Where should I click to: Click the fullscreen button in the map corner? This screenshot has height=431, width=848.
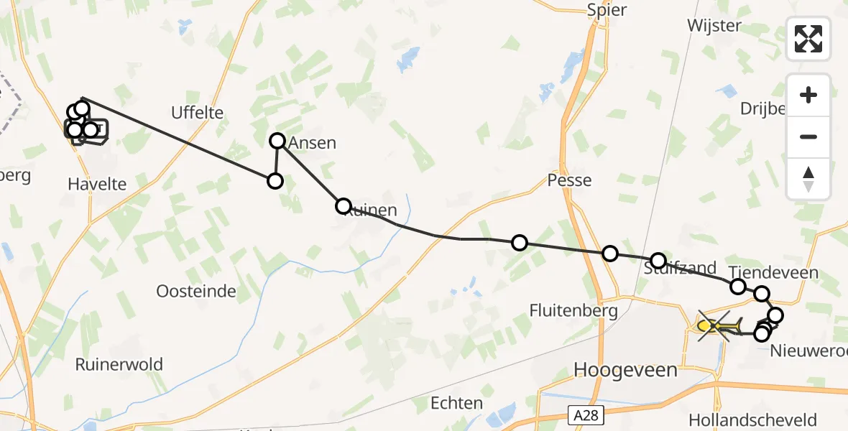808,39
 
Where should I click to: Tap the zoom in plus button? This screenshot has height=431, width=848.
808,95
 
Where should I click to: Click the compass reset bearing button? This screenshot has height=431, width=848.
808,179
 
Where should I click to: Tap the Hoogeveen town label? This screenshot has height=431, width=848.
625,370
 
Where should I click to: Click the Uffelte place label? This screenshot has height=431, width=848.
197,113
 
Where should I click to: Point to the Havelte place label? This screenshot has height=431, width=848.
97,184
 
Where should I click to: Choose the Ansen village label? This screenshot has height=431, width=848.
312,143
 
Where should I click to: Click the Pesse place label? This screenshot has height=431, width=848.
569,180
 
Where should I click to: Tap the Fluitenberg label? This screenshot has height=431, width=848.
573,311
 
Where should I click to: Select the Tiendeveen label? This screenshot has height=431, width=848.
773,273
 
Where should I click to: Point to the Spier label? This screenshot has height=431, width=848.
607,10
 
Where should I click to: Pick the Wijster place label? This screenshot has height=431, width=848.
714,24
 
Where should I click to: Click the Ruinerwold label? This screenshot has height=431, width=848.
119,364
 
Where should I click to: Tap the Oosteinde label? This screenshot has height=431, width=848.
196,291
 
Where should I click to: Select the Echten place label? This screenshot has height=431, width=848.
456,402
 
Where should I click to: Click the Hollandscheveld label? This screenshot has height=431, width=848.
762,420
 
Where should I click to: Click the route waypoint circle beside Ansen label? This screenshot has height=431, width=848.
278,141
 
